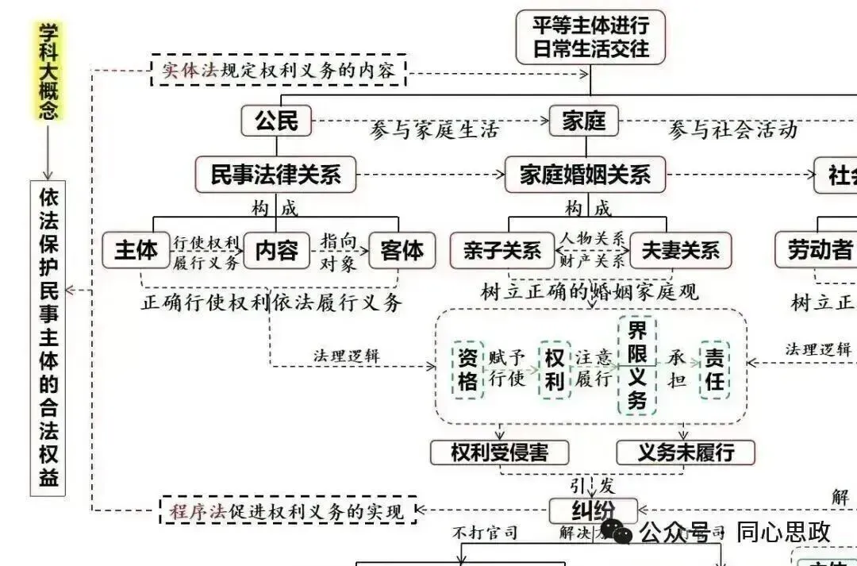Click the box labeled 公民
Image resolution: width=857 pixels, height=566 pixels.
tap(276, 121)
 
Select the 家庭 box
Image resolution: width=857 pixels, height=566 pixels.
tap(584, 121)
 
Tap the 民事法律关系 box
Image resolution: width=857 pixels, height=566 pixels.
tap(275, 175)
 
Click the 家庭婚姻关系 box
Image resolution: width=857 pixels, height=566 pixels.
tap(585, 175)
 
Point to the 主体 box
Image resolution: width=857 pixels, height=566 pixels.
tap(136, 250)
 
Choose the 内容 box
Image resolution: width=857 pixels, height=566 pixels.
tap(276, 250)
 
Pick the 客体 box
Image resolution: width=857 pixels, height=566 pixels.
tap(402, 250)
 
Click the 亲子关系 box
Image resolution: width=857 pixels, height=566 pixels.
tap(501, 251)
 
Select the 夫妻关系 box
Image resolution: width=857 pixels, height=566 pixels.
tap(680, 251)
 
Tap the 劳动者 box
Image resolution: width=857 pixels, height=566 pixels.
tap(817, 251)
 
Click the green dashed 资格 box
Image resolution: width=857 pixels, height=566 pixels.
tap(468, 369)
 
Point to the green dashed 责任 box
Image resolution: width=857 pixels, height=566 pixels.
tap(714, 369)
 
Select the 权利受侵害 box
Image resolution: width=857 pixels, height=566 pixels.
tap(500, 452)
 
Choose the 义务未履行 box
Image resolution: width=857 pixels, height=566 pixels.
tap(686, 452)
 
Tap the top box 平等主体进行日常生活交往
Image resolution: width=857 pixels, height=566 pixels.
tap(590, 37)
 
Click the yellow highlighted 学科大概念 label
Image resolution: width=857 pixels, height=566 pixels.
tap(49, 70)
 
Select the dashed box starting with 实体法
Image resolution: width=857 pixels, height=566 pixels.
tap(279, 70)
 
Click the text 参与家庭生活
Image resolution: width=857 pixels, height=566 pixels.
tap(433, 130)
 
